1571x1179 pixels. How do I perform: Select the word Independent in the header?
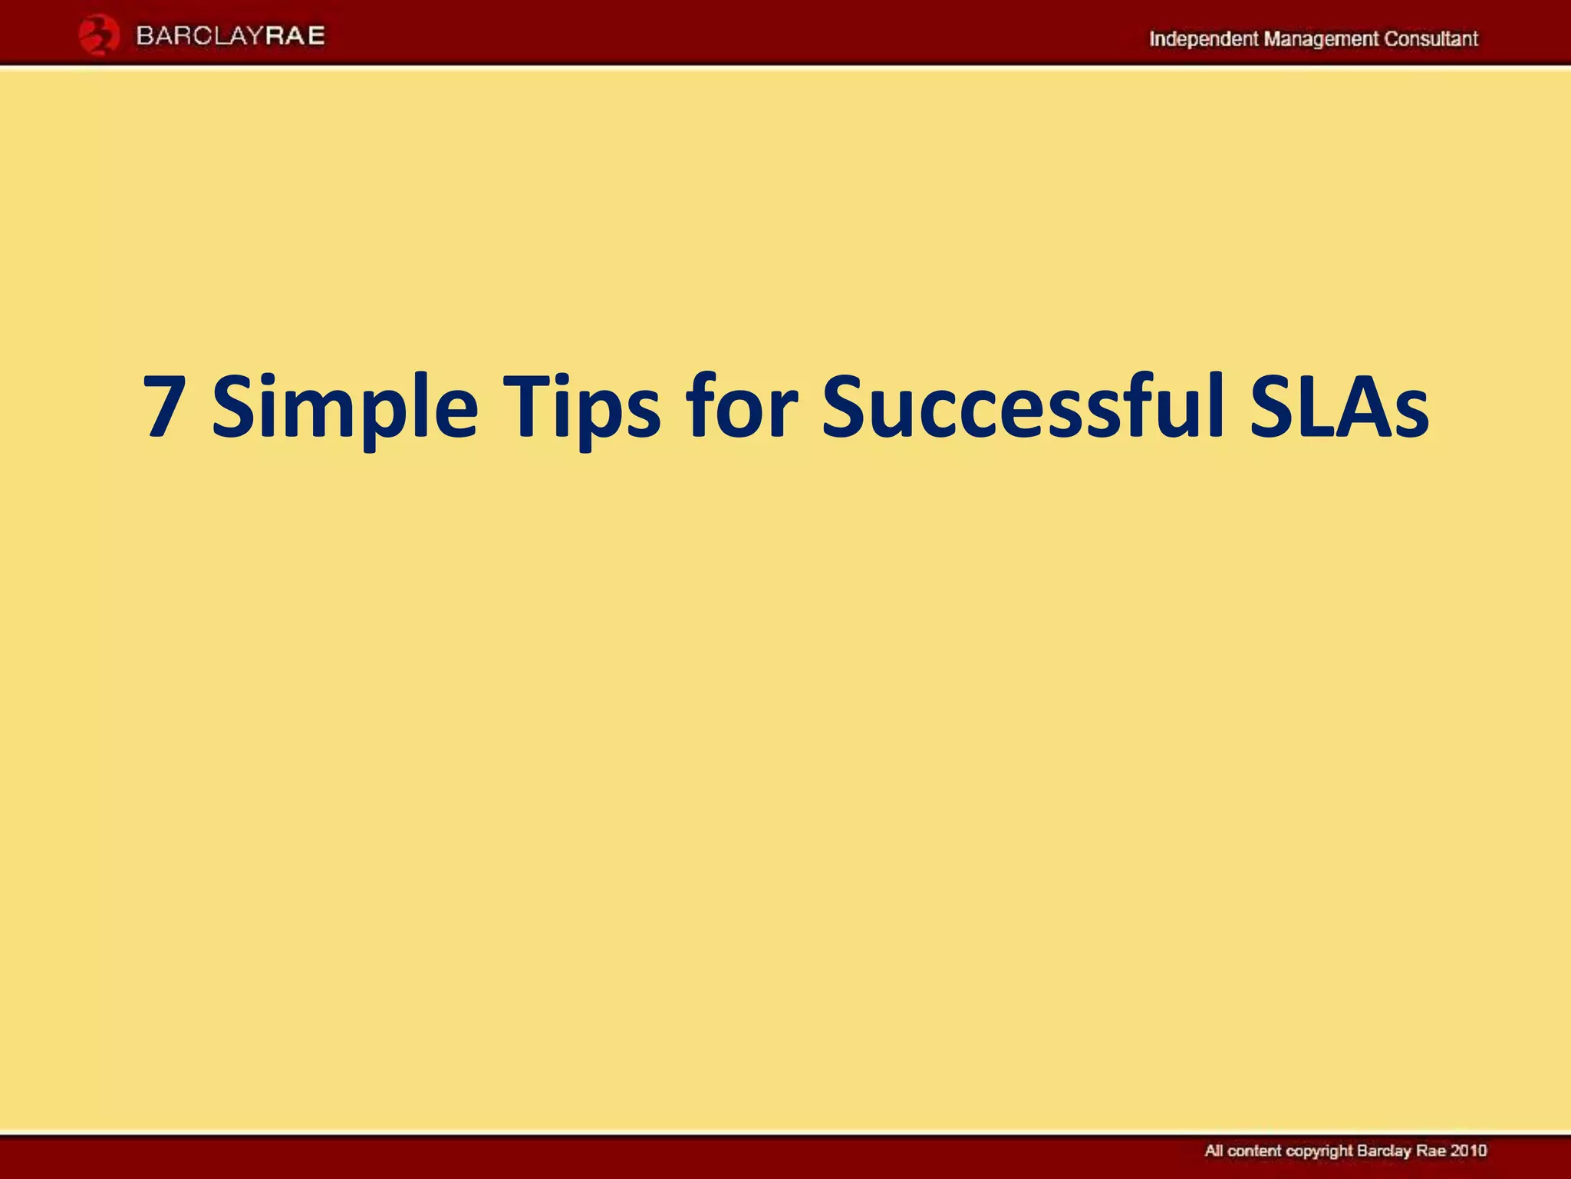pos(1203,39)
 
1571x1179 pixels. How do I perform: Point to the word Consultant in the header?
pos(1431,39)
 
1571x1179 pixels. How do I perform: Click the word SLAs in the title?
pos(1339,408)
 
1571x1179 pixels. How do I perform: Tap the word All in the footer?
pos(1214,1151)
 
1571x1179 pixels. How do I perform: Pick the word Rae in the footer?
pos(1431,1151)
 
